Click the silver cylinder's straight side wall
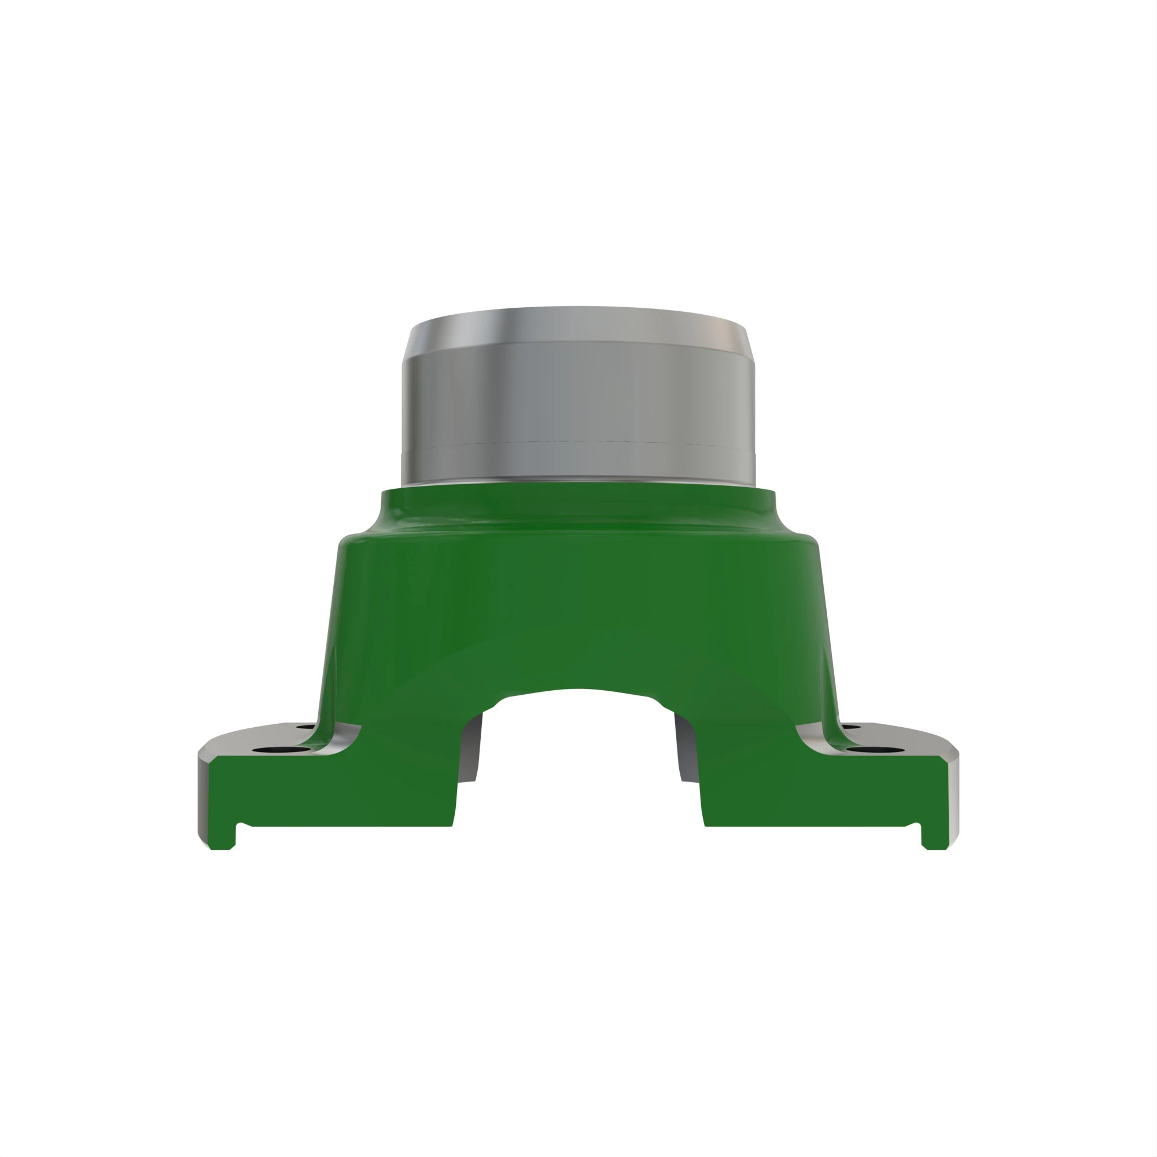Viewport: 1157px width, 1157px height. [x=578, y=401]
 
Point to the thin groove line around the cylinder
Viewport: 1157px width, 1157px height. [x=578, y=443]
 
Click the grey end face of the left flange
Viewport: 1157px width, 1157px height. [x=204, y=797]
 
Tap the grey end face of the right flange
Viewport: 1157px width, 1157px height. [x=953, y=797]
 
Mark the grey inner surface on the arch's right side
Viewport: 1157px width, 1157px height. [x=686, y=749]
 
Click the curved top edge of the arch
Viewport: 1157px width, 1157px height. [x=578, y=691]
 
